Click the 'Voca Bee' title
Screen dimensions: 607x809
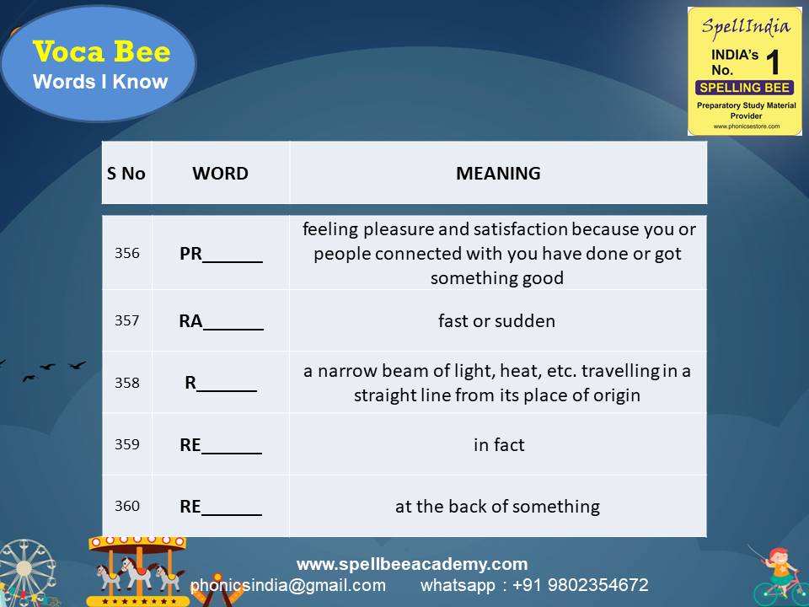(x=101, y=52)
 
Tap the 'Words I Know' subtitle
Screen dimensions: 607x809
(x=100, y=82)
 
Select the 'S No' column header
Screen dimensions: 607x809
(x=126, y=174)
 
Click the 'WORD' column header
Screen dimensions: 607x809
(x=221, y=174)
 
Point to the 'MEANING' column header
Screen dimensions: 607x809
(x=498, y=174)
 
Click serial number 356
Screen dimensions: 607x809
(x=127, y=253)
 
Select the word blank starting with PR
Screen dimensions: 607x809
(x=221, y=255)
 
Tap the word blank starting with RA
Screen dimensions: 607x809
(x=221, y=321)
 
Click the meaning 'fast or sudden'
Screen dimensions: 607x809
(x=496, y=321)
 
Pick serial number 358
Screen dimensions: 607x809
(x=127, y=383)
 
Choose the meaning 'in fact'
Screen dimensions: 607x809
(x=499, y=444)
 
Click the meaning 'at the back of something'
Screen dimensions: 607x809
(x=497, y=507)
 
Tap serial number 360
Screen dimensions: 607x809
(x=127, y=507)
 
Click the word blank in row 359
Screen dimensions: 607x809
(x=221, y=445)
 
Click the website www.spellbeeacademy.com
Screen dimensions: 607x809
(x=412, y=564)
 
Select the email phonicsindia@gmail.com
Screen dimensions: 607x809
(x=288, y=585)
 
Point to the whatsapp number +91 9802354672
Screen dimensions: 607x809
(x=534, y=585)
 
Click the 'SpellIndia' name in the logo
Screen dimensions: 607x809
(x=746, y=25)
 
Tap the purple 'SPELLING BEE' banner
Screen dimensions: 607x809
(x=745, y=88)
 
